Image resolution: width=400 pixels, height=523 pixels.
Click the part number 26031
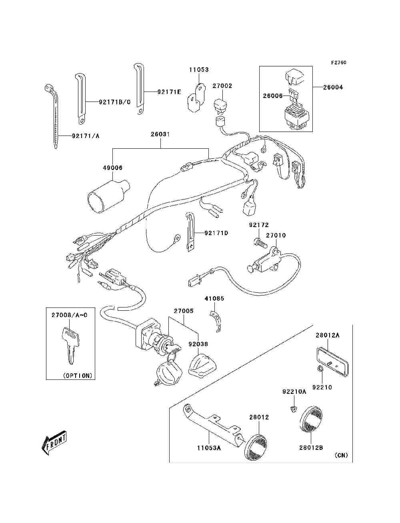pos(160,134)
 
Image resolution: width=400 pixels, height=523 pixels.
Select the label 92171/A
pos(86,136)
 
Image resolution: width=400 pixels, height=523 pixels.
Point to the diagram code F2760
pos(338,63)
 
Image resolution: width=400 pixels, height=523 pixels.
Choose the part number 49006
pos(112,168)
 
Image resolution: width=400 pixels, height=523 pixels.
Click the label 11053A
pos(208,448)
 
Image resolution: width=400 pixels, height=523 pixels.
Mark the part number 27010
pos(276,236)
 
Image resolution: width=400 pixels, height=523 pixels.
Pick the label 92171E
pos(169,92)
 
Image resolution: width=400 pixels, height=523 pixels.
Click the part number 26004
pos(333,87)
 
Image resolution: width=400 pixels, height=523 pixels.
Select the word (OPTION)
pos(78,375)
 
